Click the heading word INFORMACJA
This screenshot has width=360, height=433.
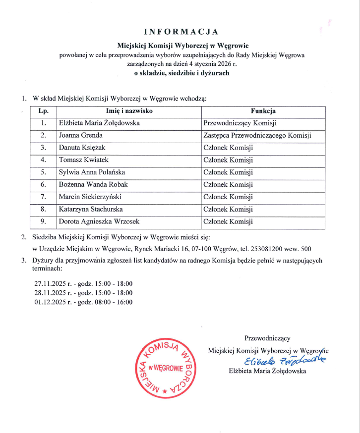pyautogui.click(x=180, y=32)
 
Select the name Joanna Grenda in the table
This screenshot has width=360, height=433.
pyautogui.click(x=81, y=135)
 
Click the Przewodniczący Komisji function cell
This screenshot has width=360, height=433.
pyautogui.click(x=240, y=123)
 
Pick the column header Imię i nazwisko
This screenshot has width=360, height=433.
pyautogui.click(x=129, y=111)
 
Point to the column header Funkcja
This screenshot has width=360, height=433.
pyautogui.click(x=263, y=111)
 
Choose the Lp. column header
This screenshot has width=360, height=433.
pyautogui.click(x=44, y=111)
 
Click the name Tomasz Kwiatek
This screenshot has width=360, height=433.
pyautogui.click(x=83, y=160)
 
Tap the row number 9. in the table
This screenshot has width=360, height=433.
pyautogui.click(x=44, y=222)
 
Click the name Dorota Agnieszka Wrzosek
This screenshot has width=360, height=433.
pyautogui.click(x=97, y=222)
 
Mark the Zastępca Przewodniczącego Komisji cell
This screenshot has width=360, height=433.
pyautogui.click(x=257, y=135)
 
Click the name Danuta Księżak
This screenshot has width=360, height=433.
pyautogui.click(x=82, y=148)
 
